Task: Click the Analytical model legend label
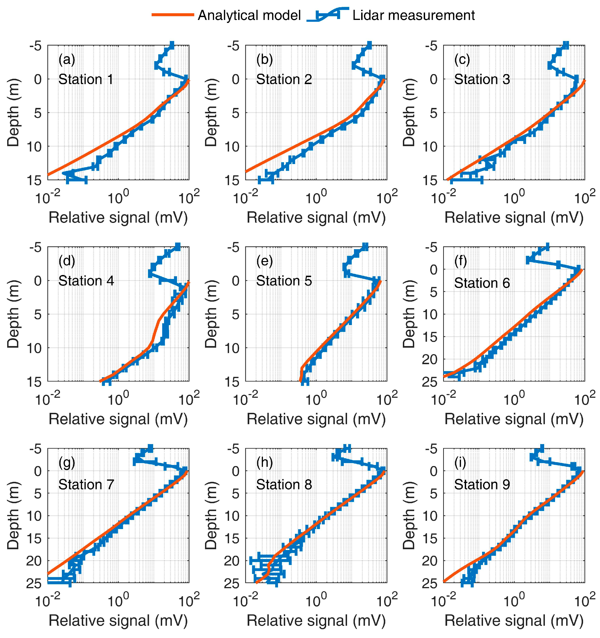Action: click(249, 15)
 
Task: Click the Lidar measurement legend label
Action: click(413, 15)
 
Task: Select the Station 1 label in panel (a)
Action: click(86, 79)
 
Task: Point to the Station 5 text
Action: click(284, 281)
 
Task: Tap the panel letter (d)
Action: click(67, 261)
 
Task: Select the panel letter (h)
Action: click(265, 462)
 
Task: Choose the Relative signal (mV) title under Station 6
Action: click(514, 419)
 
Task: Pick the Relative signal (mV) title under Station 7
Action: click(118, 621)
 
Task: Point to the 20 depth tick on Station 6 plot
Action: click(429, 360)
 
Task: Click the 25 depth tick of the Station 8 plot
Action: click(231, 583)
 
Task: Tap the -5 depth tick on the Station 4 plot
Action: click(35, 247)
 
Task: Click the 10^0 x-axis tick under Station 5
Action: click(316, 399)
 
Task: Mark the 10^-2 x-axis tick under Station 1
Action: click(47, 197)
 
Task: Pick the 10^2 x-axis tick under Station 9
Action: click(585, 600)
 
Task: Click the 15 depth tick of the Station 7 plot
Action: click(33, 539)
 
